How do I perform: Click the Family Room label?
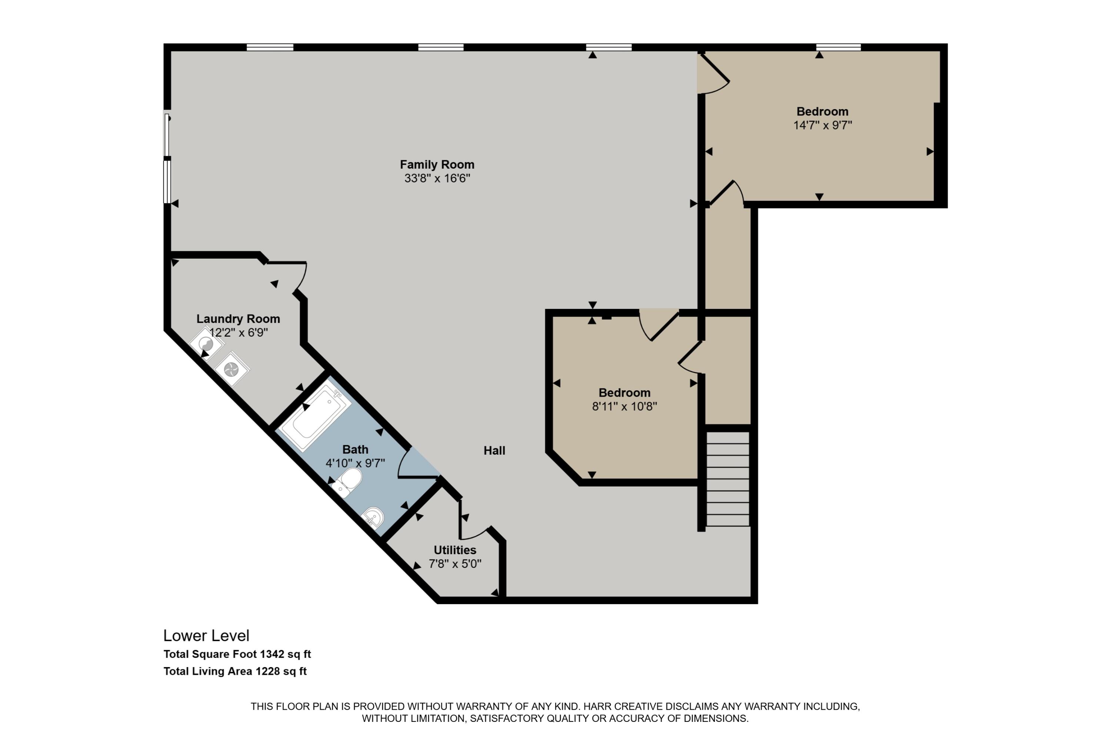[x=437, y=165]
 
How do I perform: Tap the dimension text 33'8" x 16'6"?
[x=437, y=178]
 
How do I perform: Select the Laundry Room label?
[x=238, y=319]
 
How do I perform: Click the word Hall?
[x=494, y=451]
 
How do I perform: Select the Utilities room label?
[x=455, y=550]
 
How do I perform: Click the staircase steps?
[x=727, y=479]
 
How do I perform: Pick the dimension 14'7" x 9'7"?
[x=823, y=125]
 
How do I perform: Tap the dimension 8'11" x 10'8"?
[x=624, y=406]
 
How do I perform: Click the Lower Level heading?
[x=206, y=636]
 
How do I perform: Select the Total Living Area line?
[x=235, y=671]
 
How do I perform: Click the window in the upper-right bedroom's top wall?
[x=838, y=47]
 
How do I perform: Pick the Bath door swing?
[x=416, y=465]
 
